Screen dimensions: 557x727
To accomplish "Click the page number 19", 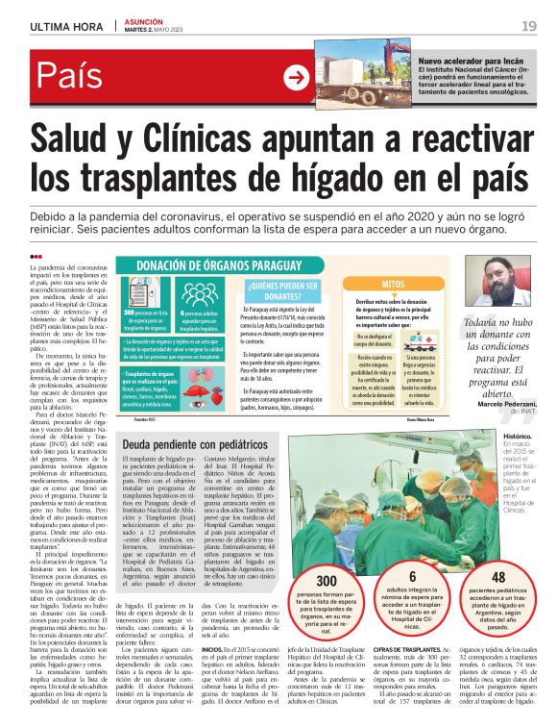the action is (x=529, y=25).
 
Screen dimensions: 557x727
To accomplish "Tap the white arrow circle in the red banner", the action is (x=298, y=79).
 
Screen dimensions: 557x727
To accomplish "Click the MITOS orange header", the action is (x=394, y=284).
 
